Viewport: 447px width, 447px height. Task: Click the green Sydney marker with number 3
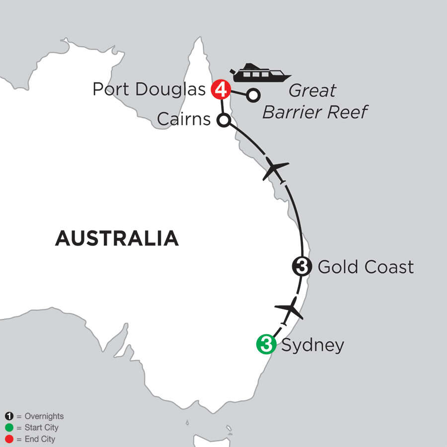click(x=266, y=345)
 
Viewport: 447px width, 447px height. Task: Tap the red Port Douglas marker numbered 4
click(x=221, y=90)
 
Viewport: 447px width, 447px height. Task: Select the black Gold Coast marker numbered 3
click(x=301, y=267)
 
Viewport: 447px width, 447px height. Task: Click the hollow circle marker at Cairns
click(x=223, y=120)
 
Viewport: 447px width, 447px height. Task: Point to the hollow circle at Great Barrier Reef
click(x=253, y=94)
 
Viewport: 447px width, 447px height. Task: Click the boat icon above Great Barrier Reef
click(x=260, y=73)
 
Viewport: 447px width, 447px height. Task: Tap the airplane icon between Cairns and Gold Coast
click(x=275, y=170)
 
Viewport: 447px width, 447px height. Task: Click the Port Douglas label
click(x=149, y=90)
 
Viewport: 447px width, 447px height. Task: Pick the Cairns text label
click(x=184, y=120)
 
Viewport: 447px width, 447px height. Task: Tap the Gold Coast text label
click(x=365, y=267)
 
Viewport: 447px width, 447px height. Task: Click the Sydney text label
click(x=312, y=345)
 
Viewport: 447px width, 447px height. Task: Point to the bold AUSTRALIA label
click(x=117, y=238)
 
